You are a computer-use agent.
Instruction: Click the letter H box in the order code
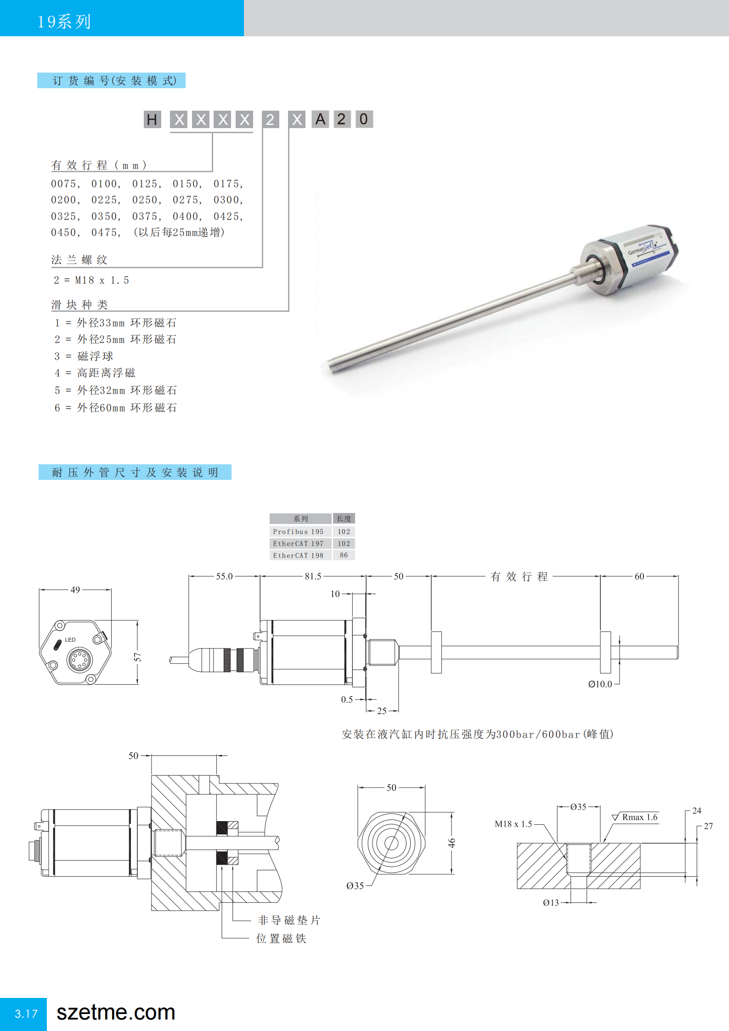pyautogui.click(x=152, y=119)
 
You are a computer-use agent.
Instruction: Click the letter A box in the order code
pyautogui.click(x=320, y=119)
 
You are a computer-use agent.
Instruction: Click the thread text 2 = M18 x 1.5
pyautogui.click(x=91, y=280)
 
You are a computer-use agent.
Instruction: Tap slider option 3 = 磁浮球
pyautogui.click(x=84, y=356)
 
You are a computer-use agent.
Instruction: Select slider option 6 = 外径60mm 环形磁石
pyautogui.click(x=116, y=408)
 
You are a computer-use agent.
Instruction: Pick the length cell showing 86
pyautogui.click(x=344, y=555)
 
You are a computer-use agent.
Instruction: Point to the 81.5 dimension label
pyautogui.click(x=313, y=576)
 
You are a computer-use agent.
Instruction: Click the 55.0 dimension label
pyautogui.click(x=224, y=576)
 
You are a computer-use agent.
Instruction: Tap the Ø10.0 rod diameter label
pyautogui.click(x=600, y=684)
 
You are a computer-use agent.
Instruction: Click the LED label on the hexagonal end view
pyautogui.click(x=70, y=640)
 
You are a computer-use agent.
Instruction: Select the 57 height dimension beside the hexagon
pyautogui.click(x=137, y=657)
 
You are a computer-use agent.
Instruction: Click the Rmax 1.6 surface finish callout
pyautogui.click(x=639, y=817)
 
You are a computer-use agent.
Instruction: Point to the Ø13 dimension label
pyautogui.click(x=551, y=903)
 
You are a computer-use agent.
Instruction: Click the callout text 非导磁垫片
pyautogui.click(x=289, y=920)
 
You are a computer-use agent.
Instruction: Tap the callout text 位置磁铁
pyautogui.click(x=281, y=939)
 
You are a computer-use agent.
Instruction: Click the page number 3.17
pyautogui.click(x=26, y=1014)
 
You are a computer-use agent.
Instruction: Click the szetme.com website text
pyautogui.click(x=116, y=1013)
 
